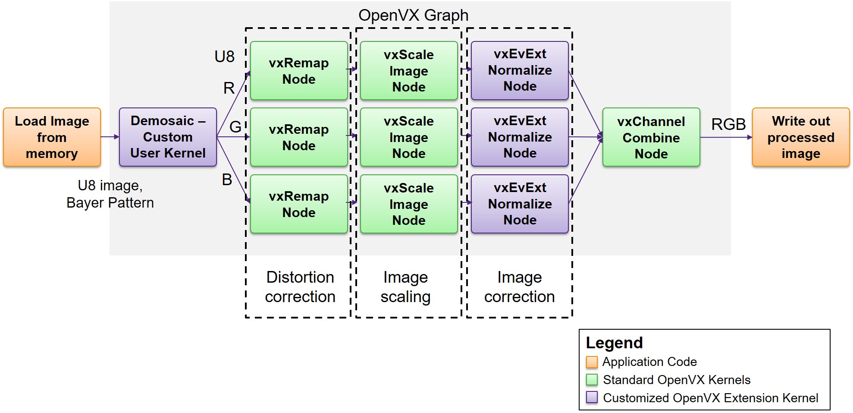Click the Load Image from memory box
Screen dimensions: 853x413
pyautogui.click(x=52, y=137)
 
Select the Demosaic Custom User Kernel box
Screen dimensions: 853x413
pyautogui.click(x=168, y=137)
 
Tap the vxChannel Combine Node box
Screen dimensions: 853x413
pyautogui.click(x=651, y=137)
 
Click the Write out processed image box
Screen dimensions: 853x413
pyautogui.click(x=801, y=137)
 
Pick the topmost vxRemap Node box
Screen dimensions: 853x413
pyautogui.click(x=299, y=71)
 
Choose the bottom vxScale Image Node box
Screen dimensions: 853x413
pyautogui.click(x=409, y=204)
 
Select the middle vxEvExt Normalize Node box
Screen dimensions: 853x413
pyautogui.click(x=520, y=137)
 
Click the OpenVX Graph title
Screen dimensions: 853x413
pyautogui.click(x=413, y=16)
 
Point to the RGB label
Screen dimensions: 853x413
pyautogui.click(x=728, y=124)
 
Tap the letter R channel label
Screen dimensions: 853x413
pyautogui.click(x=229, y=88)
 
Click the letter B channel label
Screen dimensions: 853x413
pyautogui.click(x=227, y=180)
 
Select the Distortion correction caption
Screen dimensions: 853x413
pyautogui.click(x=300, y=287)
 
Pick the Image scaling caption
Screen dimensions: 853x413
pyautogui.click(x=405, y=287)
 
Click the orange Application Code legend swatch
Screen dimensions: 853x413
pyautogui.click(x=592, y=362)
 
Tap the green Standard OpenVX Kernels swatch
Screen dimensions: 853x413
pyautogui.click(x=592, y=380)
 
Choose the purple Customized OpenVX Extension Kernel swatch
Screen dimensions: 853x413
pyautogui.click(x=592, y=397)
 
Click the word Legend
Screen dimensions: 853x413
pyautogui.click(x=614, y=343)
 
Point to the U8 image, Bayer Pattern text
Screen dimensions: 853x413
pyautogui.click(x=110, y=194)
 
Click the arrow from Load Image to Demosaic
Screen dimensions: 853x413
pyautogui.click(x=110, y=137)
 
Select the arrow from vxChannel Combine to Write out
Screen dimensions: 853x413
pyautogui.click(x=726, y=137)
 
